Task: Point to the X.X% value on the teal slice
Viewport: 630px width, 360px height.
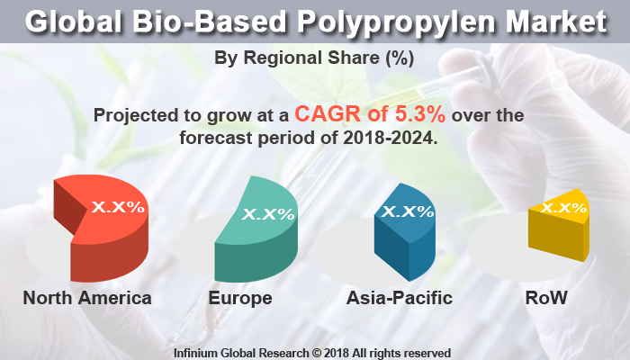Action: pyautogui.click(x=269, y=214)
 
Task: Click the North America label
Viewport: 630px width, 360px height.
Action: pyautogui.click(x=87, y=298)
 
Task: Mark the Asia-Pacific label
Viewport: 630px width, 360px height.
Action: pyautogui.click(x=400, y=298)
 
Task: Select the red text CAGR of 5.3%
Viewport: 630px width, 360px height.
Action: pyautogui.click(x=371, y=115)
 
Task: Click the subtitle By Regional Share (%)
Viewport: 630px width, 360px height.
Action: pyautogui.click(x=314, y=58)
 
